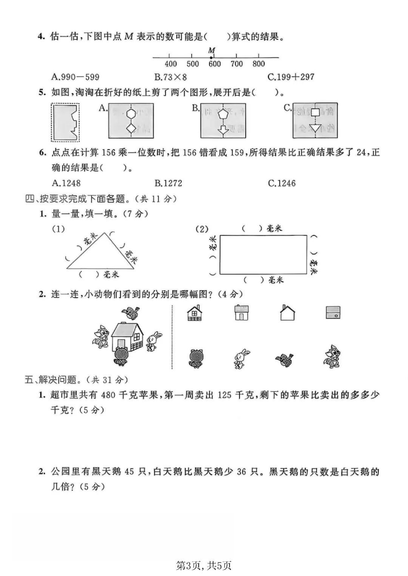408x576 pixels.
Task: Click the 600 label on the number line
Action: [215, 64]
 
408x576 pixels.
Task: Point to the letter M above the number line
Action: [212, 50]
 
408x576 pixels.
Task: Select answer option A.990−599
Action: [76, 77]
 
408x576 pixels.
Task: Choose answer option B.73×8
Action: [171, 77]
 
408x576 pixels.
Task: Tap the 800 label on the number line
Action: [259, 64]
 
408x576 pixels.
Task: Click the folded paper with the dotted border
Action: [65, 122]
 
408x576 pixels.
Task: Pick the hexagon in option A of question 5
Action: [131, 114]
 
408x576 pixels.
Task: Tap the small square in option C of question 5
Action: [315, 112]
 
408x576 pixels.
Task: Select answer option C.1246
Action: [282, 183]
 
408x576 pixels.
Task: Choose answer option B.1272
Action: [168, 183]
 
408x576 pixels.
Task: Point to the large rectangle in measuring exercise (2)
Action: [263, 255]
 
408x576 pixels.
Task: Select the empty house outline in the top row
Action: [287, 313]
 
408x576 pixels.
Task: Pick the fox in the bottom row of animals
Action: [332, 356]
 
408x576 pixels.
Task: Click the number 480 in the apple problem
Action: [108, 395]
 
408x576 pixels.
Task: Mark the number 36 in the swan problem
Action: [242, 472]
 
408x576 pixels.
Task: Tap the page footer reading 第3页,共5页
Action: [204, 565]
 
